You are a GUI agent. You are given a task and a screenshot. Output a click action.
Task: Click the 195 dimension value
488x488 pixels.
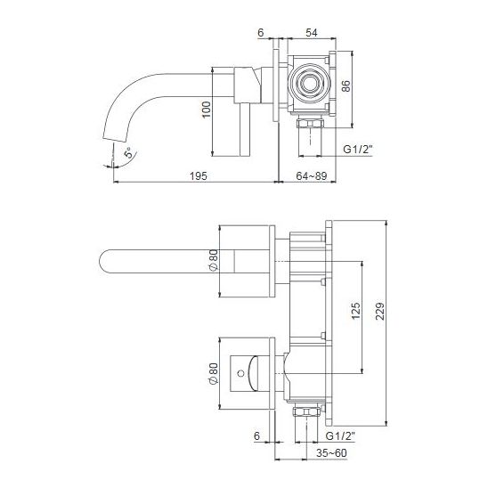pyautogui.click(x=199, y=176)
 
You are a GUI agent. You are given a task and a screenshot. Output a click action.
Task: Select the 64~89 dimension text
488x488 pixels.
pyautogui.click(x=311, y=176)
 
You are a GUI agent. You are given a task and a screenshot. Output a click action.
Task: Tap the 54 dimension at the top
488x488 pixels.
pyautogui.click(x=312, y=33)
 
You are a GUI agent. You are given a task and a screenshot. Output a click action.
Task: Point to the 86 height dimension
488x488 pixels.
pyautogui.click(x=346, y=85)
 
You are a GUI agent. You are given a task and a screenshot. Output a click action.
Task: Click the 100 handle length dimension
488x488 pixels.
pyautogui.click(x=207, y=110)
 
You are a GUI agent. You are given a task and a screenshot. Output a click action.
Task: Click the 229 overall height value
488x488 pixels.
pyautogui.click(x=380, y=311)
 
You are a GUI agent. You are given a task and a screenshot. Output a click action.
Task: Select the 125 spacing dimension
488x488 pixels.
pyautogui.click(x=355, y=311)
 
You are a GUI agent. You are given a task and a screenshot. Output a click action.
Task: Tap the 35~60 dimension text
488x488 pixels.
pyautogui.click(x=331, y=453)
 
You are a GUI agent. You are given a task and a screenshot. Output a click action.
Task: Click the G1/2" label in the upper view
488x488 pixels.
pyautogui.click(x=358, y=150)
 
